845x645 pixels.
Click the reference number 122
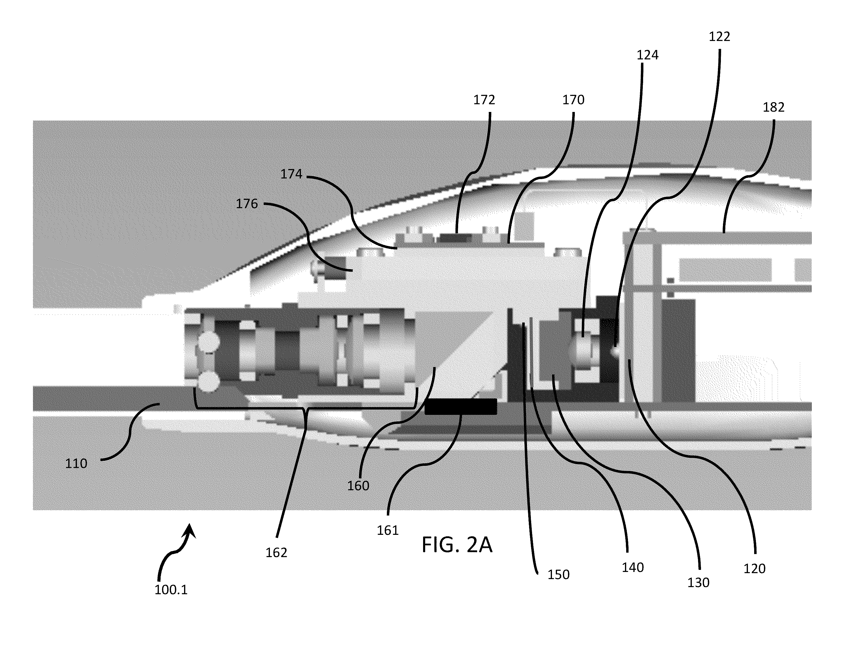(719, 37)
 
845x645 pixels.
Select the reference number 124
(648, 55)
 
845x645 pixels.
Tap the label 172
(484, 100)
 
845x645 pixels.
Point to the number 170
(573, 100)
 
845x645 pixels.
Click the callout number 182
(773, 107)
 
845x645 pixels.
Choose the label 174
(291, 174)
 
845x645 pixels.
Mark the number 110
(76, 464)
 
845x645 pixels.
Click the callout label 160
(358, 486)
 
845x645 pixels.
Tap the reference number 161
(388, 531)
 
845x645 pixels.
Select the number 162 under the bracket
(276, 553)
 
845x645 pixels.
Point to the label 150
(558, 575)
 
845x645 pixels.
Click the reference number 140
(633, 567)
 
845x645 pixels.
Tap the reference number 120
(754, 569)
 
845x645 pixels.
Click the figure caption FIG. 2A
(457, 545)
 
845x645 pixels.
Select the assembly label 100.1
(171, 590)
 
